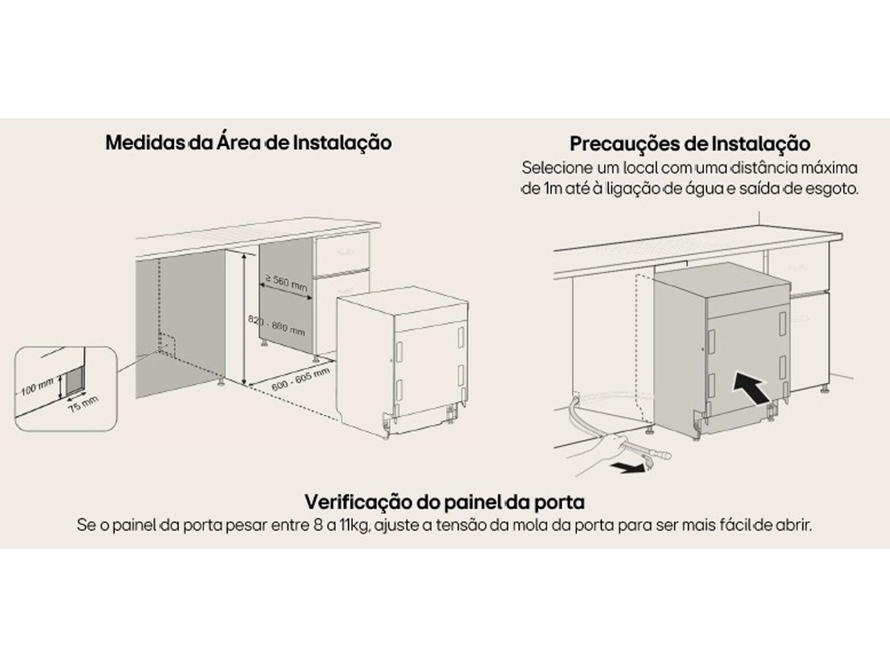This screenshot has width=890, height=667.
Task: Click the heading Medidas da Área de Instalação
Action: click(249, 143)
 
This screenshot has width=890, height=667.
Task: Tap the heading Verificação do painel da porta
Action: click(445, 502)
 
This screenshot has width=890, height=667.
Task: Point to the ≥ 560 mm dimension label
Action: click(286, 282)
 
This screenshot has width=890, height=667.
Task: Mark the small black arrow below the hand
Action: click(628, 468)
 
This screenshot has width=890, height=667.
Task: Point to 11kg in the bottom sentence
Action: click(356, 526)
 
